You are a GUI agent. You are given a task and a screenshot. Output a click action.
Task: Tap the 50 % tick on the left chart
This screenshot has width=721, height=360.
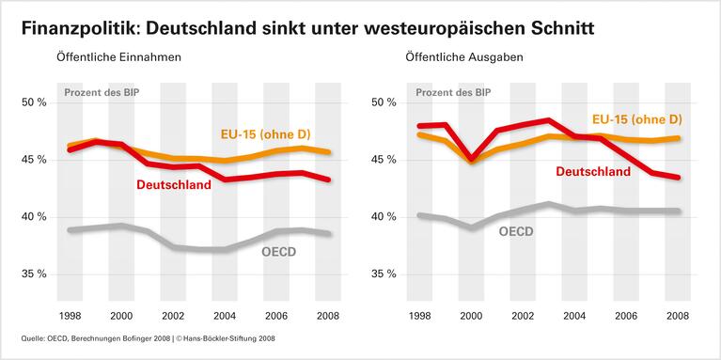point(33,102)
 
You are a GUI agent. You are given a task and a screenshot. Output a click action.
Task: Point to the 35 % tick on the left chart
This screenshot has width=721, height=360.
point(33,274)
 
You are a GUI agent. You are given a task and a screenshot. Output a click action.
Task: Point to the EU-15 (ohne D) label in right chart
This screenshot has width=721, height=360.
point(636,119)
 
